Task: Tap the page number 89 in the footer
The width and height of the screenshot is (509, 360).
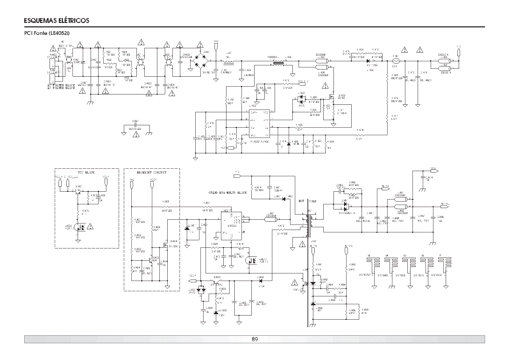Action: pyautogui.click(x=254, y=339)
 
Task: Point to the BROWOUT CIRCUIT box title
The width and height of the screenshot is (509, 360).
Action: pyautogui.click(x=152, y=172)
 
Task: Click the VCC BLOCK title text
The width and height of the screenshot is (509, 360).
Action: pyautogui.click(x=86, y=172)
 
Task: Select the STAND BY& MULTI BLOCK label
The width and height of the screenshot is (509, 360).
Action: pyautogui.click(x=228, y=193)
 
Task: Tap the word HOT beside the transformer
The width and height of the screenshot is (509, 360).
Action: pyautogui.click(x=301, y=201)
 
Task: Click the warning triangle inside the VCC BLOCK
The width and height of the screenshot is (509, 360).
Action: pyautogui.click(x=90, y=226)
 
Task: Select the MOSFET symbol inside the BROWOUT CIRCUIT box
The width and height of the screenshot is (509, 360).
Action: pyautogui.click(x=165, y=245)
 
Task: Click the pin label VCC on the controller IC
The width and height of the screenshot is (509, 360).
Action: pyautogui.click(x=265, y=112)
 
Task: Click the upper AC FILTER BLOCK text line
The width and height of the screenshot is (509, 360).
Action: pyautogui.click(x=61, y=85)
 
